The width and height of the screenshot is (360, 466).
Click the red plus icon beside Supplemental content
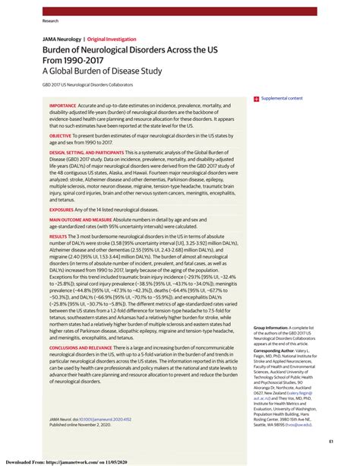tap(257, 99)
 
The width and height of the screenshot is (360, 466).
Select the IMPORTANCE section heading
tap(63, 106)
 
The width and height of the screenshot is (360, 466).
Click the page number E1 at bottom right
tap(332, 442)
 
